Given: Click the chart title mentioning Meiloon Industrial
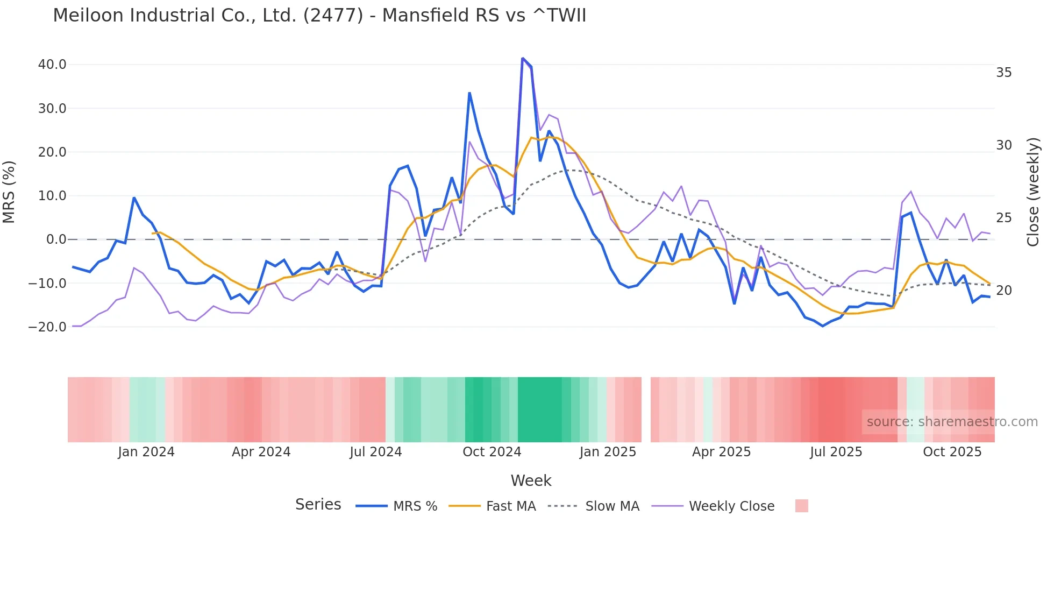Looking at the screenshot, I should [319, 15].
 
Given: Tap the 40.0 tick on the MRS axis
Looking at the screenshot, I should [52, 65].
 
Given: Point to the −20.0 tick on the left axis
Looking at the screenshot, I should [47, 327].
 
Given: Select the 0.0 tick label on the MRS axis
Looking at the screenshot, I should [56, 239].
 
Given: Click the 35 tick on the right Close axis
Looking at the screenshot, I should [1003, 73].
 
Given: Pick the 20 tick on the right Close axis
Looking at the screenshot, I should [1003, 291].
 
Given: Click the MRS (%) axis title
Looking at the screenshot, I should [9, 192].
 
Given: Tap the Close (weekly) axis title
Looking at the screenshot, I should [1032, 192].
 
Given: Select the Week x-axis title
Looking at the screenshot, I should [531, 481].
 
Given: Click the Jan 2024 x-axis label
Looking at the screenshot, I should [146, 452].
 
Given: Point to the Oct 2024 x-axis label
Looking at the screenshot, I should [492, 452].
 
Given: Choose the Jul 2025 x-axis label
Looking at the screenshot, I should [836, 452].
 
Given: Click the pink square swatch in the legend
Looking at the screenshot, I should [801, 506].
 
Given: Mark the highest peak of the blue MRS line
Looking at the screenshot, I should [523, 58].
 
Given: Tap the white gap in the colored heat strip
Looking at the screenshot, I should [646, 410].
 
